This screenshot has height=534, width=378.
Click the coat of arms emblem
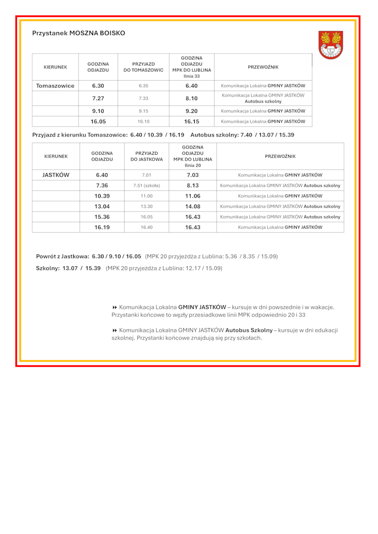(x=331, y=45)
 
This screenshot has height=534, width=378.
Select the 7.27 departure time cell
(x=98, y=98)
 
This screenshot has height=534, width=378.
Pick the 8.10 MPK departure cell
(x=191, y=98)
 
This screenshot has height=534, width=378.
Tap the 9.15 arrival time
(x=144, y=111)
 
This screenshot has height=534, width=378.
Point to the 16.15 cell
(x=191, y=121)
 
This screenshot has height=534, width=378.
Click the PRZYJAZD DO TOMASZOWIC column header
(x=144, y=67)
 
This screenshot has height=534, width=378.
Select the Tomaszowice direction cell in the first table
(x=55, y=86)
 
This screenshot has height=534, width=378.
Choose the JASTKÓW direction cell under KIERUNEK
(x=56, y=175)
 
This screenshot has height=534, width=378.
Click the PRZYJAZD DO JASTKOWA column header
(x=146, y=156)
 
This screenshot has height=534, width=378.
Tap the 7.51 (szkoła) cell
(x=146, y=186)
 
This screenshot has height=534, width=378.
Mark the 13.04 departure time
(x=102, y=206)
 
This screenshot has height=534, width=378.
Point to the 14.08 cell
(x=193, y=206)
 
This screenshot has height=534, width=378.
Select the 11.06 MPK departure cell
(x=193, y=196)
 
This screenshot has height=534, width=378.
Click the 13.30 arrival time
(x=146, y=206)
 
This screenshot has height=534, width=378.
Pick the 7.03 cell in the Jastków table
(x=193, y=175)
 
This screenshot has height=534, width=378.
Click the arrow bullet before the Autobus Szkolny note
(x=115, y=331)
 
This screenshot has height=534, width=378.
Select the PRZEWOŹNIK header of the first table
(x=263, y=67)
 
